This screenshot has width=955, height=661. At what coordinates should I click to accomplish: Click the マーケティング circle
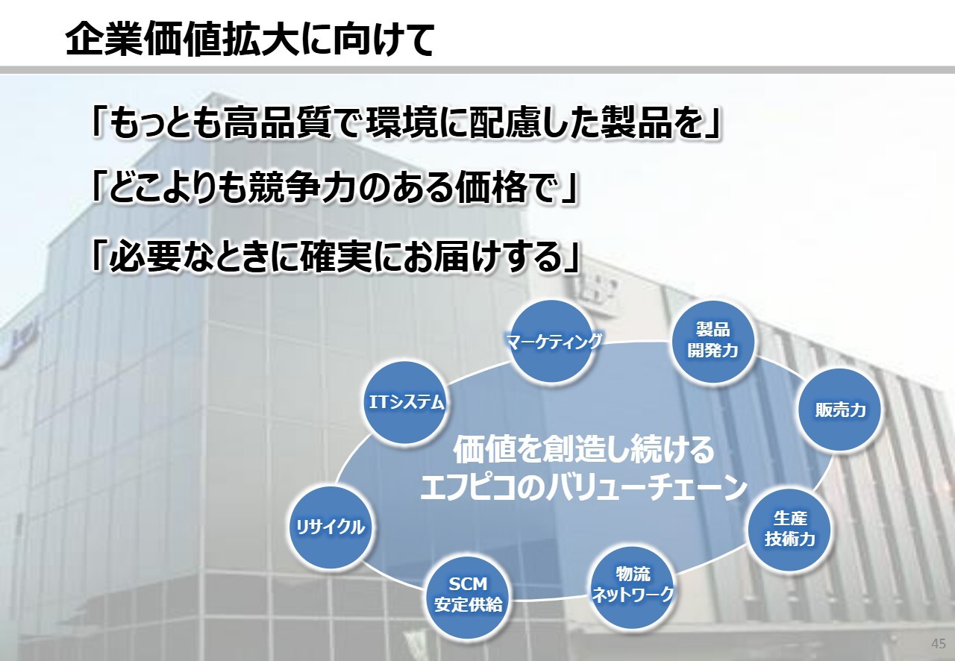click(553, 341)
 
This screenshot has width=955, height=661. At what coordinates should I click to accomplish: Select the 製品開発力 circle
click(713, 341)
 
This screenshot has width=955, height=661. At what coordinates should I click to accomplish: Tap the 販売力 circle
click(839, 410)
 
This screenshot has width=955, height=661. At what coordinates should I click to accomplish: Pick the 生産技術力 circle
click(789, 530)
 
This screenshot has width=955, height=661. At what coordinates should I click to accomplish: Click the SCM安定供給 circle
click(468, 596)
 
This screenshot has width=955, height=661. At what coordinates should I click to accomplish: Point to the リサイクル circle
click(331, 527)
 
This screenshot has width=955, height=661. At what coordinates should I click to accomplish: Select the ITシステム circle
click(405, 403)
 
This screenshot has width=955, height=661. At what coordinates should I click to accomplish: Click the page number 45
click(939, 644)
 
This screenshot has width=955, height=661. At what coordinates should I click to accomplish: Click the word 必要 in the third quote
click(145, 257)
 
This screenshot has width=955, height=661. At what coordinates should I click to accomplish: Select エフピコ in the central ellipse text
click(469, 488)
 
